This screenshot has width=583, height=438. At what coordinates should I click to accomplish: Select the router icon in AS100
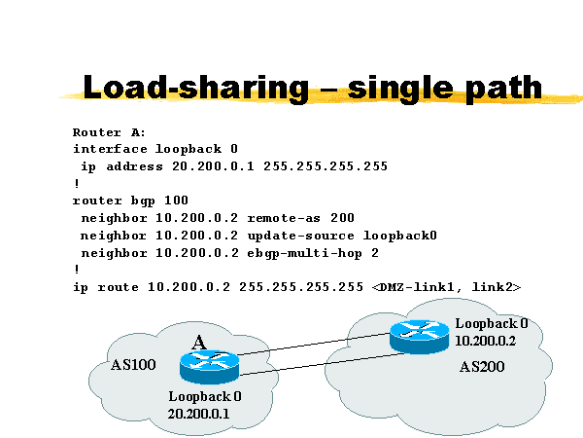[x=208, y=367]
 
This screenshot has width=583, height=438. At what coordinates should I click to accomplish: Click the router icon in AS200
[x=419, y=336]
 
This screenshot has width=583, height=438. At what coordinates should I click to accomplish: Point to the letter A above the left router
[x=198, y=342]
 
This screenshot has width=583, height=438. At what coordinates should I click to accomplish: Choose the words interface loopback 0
[x=154, y=149]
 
